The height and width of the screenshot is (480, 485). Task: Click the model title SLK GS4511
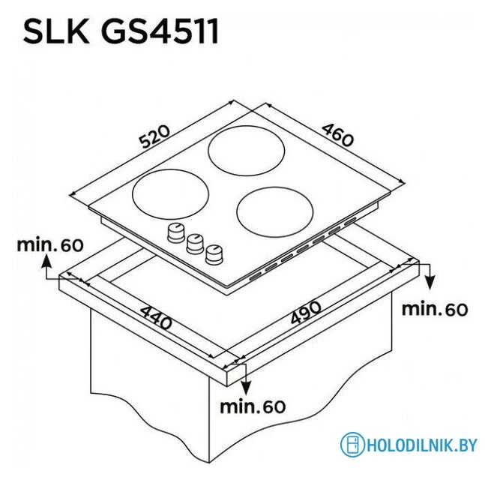121,31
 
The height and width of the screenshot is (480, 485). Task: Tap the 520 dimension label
154,136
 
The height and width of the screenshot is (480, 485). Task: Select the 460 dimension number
337,135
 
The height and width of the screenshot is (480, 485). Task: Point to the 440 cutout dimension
156,317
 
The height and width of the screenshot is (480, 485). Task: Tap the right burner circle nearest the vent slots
275,211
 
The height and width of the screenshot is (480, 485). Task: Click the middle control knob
195,244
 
